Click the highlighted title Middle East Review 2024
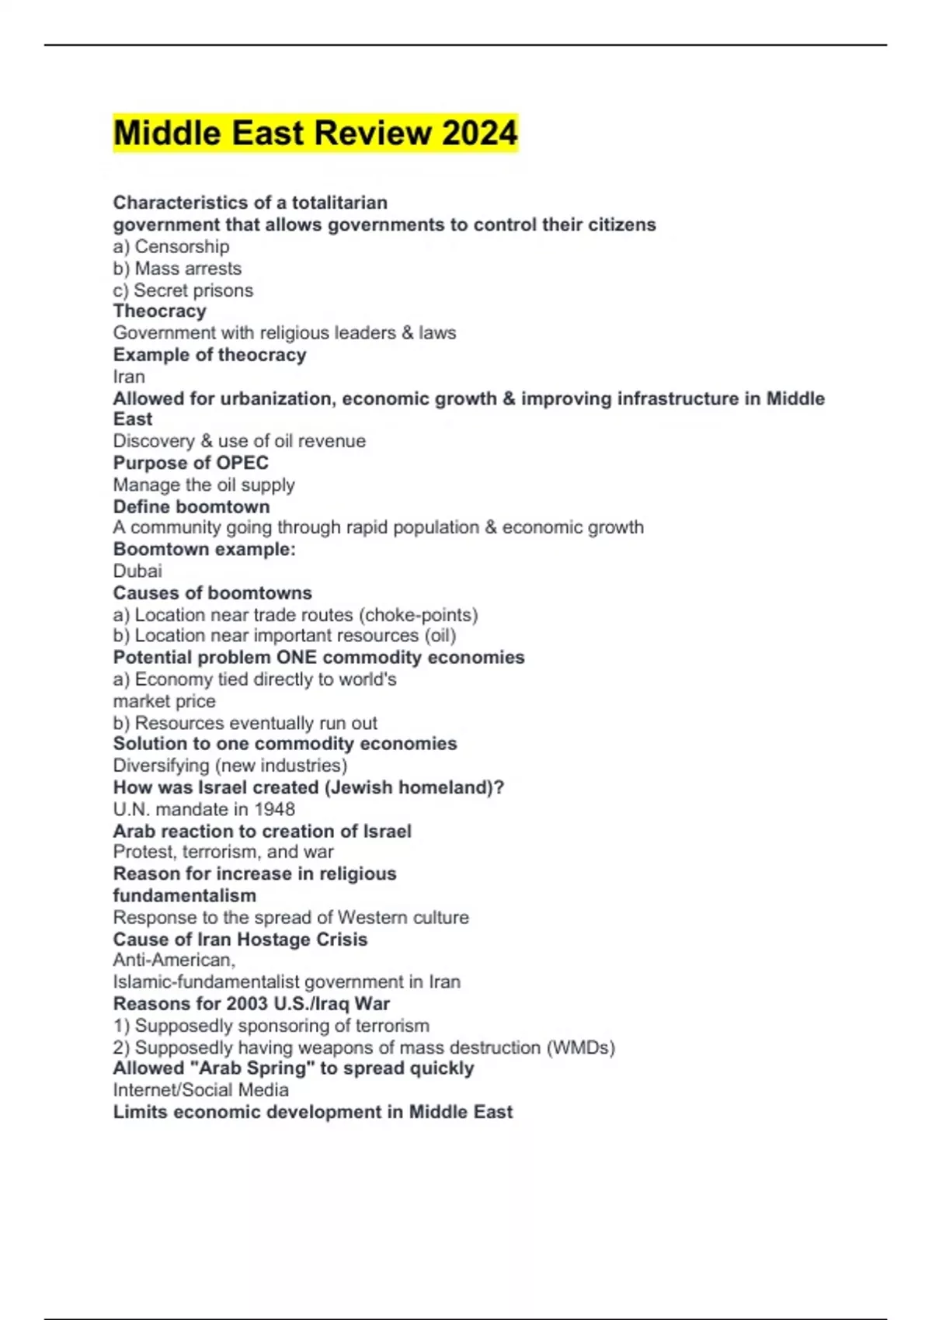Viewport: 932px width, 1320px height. [x=315, y=133]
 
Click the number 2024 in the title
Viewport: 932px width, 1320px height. [x=480, y=133]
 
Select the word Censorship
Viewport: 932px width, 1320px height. [x=182, y=247]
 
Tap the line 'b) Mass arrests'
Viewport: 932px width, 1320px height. [x=177, y=269]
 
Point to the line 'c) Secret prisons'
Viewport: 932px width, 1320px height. [x=183, y=290]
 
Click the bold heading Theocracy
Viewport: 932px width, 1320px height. [x=159, y=311]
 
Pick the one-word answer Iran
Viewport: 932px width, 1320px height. [x=129, y=377]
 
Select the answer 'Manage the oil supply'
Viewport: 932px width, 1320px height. [x=203, y=485]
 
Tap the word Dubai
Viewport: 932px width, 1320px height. [x=137, y=571]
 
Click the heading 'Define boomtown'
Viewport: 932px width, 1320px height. [x=191, y=506]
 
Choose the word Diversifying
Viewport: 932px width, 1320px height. [x=162, y=766]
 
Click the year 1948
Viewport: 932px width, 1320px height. [x=273, y=809]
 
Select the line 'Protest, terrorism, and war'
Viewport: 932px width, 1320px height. [x=223, y=852]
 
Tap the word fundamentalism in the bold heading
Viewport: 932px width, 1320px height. [x=184, y=895]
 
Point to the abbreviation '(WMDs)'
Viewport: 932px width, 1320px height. [x=581, y=1047]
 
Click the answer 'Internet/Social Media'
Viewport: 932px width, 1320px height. [x=200, y=1090]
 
